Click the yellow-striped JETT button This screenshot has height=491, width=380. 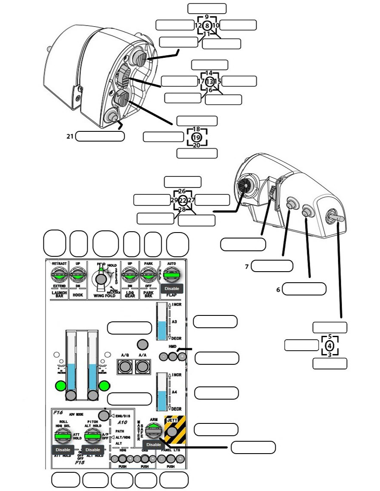(172, 432)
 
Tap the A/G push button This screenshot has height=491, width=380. (125, 366)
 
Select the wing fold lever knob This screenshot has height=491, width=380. (101, 279)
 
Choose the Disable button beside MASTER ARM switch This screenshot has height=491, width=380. (154, 445)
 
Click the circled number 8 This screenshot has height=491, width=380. (206, 26)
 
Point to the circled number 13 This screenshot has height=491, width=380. (210, 81)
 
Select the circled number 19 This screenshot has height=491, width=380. (196, 138)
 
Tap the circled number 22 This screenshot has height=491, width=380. (183, 200)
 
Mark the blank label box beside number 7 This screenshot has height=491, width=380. (272, 266)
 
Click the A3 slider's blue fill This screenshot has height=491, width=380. (162, 330)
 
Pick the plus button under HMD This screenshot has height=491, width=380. (182, 357)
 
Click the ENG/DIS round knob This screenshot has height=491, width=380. (103, 415)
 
